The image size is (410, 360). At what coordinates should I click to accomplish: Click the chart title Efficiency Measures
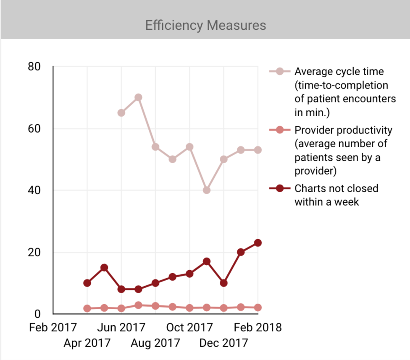205,25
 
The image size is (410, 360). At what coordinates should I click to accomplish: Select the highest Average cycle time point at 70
138,97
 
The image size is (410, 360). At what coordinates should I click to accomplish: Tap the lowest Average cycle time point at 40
206,190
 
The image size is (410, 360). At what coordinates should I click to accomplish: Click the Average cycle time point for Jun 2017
121,113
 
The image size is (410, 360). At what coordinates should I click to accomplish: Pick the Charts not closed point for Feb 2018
258,243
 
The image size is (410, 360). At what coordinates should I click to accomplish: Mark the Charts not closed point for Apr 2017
87,283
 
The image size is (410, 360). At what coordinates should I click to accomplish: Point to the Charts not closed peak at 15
104,268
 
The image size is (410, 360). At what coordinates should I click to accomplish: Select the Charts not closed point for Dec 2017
223,283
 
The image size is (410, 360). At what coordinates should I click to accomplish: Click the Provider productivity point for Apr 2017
87,308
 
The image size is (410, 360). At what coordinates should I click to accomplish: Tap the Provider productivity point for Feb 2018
258,308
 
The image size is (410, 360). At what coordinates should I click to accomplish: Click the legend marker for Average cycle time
280,71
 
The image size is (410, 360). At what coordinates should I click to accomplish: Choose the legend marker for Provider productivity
280,130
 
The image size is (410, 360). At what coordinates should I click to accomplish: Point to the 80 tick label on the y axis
34,67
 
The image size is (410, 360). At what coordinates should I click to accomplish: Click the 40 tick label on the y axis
34,190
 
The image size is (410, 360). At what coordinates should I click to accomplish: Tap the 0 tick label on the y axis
37,314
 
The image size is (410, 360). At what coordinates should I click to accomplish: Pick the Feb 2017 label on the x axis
53,327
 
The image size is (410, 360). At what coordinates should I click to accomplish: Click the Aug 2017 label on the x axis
155,343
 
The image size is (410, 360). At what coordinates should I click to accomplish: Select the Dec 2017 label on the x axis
223,343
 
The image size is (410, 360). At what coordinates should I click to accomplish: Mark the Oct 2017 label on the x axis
189,327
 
